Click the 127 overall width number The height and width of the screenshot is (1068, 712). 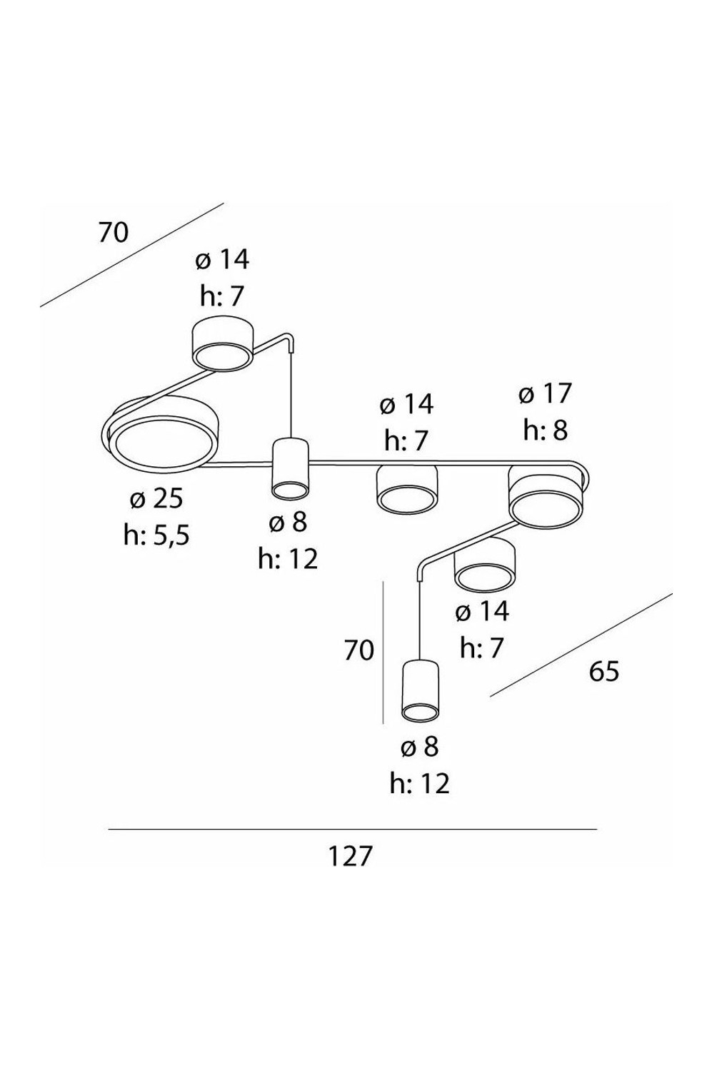coord(349,857)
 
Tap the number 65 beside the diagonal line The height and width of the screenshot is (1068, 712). coord(603,672)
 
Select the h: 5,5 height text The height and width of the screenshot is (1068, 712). coord(156,535)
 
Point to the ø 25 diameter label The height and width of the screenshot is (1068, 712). coord(156,499)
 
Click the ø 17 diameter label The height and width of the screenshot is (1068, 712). coord(545,394)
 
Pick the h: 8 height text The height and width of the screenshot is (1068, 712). coord(545,430)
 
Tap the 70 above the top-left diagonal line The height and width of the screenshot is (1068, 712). coord(114,232)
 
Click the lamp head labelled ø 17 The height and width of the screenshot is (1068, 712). coord(546,496)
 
